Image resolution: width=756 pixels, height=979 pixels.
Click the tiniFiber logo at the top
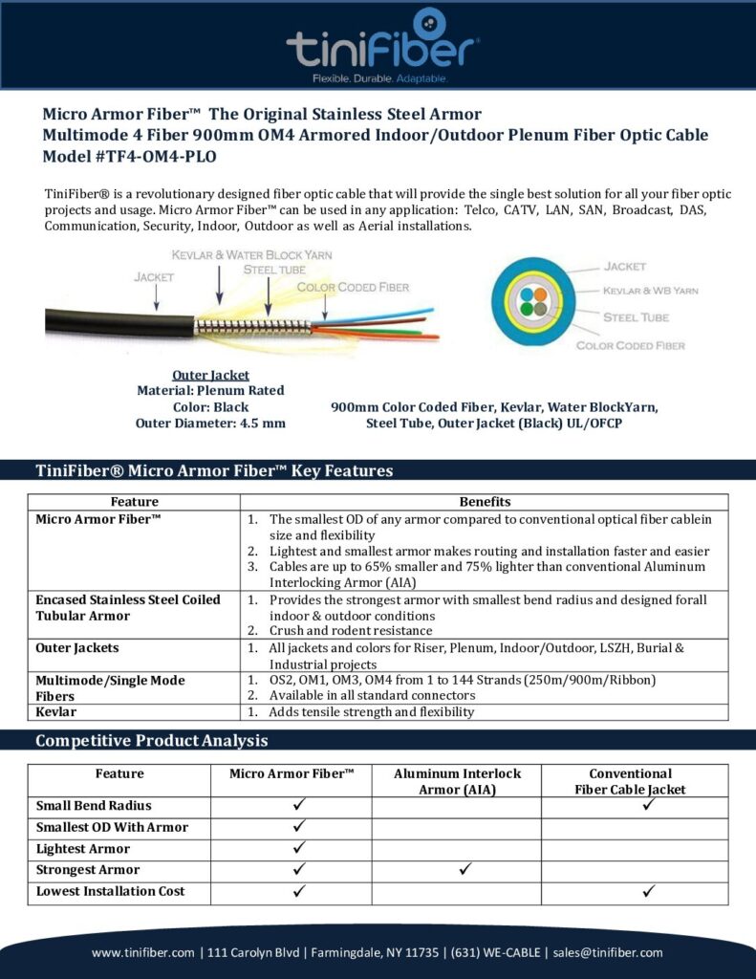click(382, 43)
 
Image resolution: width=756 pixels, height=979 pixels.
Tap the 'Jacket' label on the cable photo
click(153, 277)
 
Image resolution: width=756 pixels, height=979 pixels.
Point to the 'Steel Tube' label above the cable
click(274, 270)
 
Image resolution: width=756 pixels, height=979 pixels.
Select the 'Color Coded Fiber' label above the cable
click(353, 287)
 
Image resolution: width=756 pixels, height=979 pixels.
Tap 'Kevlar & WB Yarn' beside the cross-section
click(650, 291)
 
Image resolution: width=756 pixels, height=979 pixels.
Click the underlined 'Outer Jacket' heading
click(210, 375)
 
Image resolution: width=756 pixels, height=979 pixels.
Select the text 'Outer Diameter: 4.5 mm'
click(210, 423)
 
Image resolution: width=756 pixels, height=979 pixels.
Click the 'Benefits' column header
click(485, 502)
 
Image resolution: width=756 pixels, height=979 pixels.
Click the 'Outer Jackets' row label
click(77, 647)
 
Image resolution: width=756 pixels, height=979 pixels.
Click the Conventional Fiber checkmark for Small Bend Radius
click(648, 804)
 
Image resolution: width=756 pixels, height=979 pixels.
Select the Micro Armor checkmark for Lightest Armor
click(298, 847)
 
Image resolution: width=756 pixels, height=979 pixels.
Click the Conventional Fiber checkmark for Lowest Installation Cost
click(648, 890)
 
